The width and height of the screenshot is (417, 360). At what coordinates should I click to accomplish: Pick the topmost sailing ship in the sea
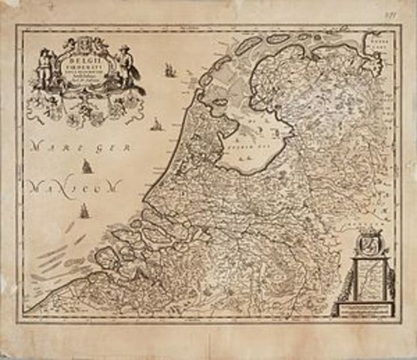pyautogui.click(x=169, y=70)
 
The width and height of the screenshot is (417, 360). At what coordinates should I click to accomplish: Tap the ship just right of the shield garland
pyautogui.click(x=157, y=124)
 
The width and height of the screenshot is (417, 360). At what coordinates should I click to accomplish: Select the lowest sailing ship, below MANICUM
pyautogui.click(x=84, y=211)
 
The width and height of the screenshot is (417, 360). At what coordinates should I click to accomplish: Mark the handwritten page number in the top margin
pyautogui.click(x=400, y=14)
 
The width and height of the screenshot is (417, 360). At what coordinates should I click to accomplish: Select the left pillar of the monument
pyautogui.click(x=355, y=281)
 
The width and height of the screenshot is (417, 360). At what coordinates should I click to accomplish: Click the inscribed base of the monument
pyautogui.click(x=370, y=309)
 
